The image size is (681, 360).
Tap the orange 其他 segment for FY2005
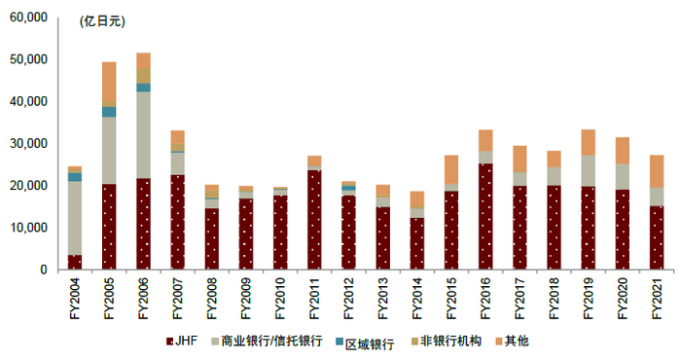click(109, 83)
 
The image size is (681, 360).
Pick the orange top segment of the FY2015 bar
click(450, 168)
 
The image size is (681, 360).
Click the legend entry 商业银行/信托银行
click(263, 342)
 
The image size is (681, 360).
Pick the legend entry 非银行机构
click(444, 342)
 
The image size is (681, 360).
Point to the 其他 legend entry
click(515, 342)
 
